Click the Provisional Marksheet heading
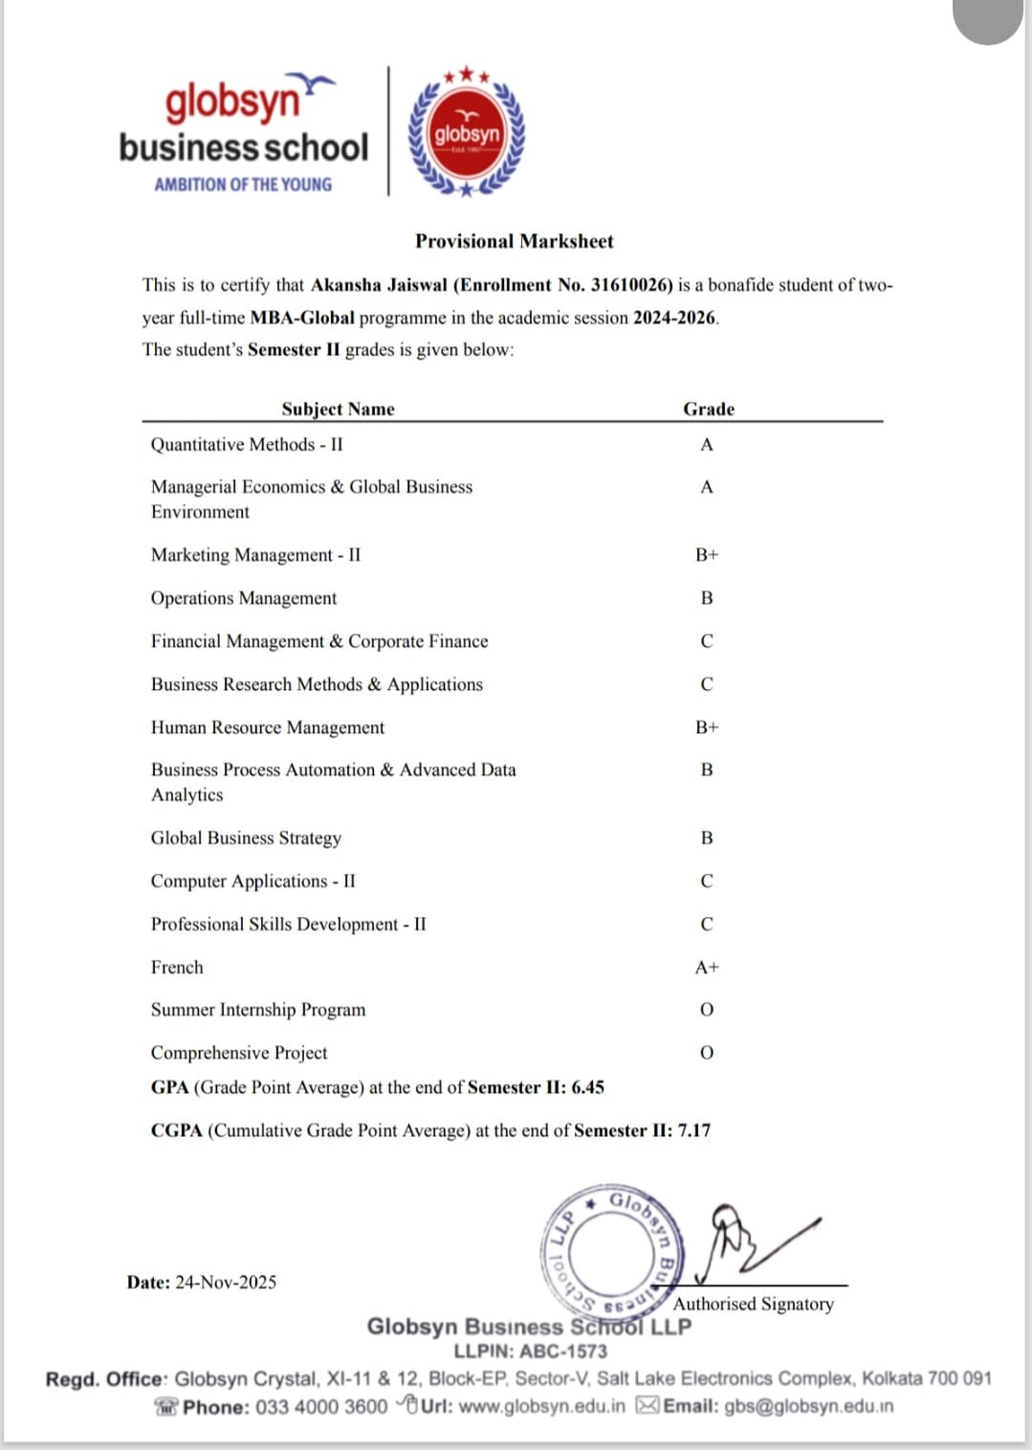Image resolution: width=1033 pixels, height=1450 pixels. coord(514,241)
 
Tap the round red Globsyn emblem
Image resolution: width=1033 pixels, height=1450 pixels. coord(467,133)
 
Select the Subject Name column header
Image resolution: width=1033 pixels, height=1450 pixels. coord(338,409)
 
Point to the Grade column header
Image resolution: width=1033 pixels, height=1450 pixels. coord(708,409)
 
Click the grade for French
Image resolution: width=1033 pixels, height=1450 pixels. coord(706,968)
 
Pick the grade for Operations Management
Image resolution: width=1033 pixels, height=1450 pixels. coord(706,598)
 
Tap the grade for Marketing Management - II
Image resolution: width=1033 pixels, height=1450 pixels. coord(706,555)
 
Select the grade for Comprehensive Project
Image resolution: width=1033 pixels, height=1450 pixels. coord(706,1053)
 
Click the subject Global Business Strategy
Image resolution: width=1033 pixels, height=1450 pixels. coord(246,838)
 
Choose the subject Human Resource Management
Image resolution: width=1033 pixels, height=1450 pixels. coord(268,728)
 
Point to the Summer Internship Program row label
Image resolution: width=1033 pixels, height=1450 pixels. coord(258,1010)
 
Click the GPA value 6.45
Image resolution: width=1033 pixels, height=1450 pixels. coord(587,1087)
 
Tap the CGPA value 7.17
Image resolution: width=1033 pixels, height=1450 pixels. coord(693,1130)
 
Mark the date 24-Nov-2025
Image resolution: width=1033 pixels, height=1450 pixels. coord(226,1283)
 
